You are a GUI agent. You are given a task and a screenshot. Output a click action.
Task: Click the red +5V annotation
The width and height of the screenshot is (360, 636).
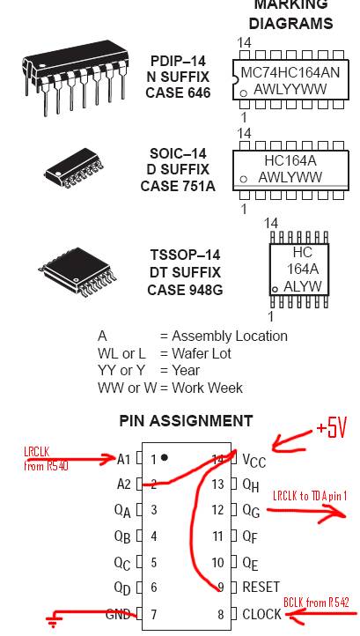(x=332, y=430)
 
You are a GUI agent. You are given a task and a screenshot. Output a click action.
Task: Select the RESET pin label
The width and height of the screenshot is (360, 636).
(x=261, y=587)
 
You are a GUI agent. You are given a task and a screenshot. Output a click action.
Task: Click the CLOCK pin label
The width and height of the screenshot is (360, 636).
(x=261, y=614)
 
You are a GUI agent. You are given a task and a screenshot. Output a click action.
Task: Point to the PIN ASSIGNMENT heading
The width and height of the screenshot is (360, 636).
(x=186, y=421)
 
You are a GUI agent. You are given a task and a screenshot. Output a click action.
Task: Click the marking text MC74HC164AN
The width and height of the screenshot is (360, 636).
(x=290, y=72)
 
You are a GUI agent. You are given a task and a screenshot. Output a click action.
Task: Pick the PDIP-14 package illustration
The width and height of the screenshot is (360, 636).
(x=76, y=82)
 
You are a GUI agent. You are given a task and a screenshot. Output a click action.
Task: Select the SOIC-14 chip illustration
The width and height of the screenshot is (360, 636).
(x=74, y=168)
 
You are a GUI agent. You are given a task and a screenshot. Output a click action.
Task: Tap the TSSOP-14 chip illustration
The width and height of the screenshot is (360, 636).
(x=77, y=271)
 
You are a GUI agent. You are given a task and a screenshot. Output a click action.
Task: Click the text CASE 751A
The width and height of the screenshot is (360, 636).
(x=178, y=186)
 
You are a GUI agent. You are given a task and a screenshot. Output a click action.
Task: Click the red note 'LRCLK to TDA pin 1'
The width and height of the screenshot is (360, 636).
(x=310, y=496)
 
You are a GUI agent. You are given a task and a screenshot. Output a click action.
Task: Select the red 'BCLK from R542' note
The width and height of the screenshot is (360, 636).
(x=316, y=603)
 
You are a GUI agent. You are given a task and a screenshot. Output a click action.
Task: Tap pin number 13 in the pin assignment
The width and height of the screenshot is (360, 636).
(x=218, y=484)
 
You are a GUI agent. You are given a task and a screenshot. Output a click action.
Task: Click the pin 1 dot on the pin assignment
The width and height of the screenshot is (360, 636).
(x=165, y=457)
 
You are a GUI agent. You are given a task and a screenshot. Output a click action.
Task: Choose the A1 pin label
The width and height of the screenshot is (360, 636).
(x=123, y=460)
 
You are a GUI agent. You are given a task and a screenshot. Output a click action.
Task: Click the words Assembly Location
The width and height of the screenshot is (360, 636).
(x=230, y=336)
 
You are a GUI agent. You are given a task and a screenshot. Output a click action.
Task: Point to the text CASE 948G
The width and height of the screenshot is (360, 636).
(x=185, y=290)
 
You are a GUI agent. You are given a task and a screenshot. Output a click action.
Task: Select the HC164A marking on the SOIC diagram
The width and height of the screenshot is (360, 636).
(x=290, y=161)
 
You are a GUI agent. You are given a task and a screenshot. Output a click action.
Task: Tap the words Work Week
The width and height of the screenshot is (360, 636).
(x=207, y=388)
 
